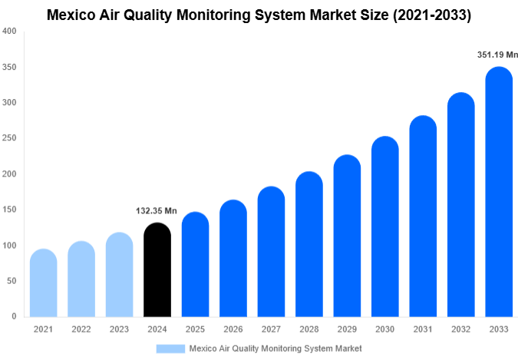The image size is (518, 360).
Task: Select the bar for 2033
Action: point(498,192)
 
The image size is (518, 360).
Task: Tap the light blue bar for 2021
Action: point(43,283)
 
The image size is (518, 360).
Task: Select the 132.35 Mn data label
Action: point(157,210)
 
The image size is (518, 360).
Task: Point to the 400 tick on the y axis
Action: point(8,31)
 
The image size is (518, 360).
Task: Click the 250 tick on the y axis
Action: point(8,138)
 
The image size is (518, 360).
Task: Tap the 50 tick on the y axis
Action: point(11,281)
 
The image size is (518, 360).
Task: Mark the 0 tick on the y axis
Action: point(14,316)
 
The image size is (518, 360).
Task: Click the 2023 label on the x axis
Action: point(119,329)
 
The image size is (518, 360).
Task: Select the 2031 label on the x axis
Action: point(422,329)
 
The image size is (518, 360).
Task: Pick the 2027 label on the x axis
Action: point(271,329)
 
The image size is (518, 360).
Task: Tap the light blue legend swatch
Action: point(170,348)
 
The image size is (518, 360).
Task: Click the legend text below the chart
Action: point(275,348)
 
